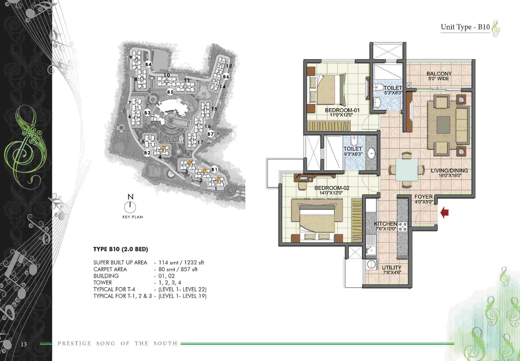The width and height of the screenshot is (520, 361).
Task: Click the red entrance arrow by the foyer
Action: click(x=444, y=212)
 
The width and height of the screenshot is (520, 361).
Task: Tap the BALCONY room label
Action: click(x=439, y=74)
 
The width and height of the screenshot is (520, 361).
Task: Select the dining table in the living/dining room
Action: click(x=407, y=170)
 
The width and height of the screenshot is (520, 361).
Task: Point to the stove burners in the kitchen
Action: click(x=402, y=227)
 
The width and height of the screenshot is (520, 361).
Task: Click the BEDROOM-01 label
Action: click(x=342, y=110)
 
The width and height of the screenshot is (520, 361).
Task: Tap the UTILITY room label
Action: click(x=392, y=268)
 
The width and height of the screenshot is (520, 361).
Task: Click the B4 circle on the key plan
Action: click(x=148, y=64)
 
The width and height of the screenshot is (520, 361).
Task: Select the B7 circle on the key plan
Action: click(x=210, y=134)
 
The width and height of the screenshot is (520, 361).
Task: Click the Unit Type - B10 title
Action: click(x=465, y=27)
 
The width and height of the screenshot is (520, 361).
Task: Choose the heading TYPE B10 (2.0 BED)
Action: click(x=121, y=249)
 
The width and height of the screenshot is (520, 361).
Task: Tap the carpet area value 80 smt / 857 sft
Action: click(x=178, y=269)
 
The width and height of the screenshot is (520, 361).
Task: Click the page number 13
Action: click(x=24, y=344)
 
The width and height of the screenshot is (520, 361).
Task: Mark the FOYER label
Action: click(x=423, y=197)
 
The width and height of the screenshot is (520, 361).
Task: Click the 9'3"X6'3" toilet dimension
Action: click(x=353, y=154)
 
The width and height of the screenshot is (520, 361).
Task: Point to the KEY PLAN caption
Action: click(x=133, y=217)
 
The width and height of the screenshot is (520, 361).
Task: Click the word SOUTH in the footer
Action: click(x=165, y=344)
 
